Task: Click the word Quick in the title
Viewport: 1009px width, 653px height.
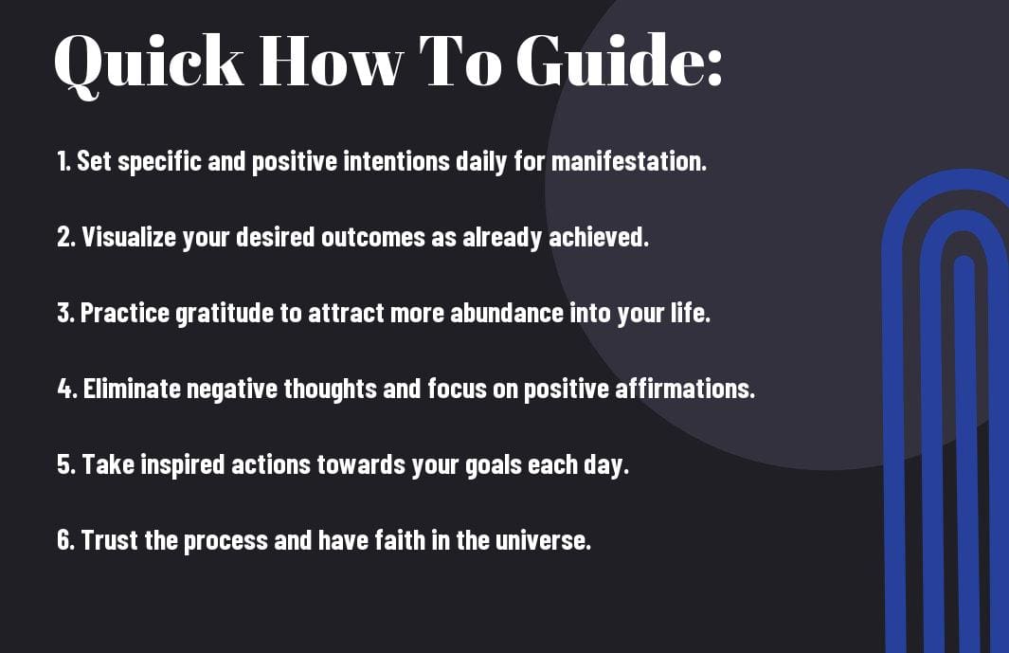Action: [x=149, y=63]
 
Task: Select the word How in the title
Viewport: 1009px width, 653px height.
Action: [x=332, y=61]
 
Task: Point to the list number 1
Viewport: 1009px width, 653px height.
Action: [x=63, y=161]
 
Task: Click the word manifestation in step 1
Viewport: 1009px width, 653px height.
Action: [x=629, y=161]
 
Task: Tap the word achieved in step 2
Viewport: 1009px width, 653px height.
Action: [x=599, y=237]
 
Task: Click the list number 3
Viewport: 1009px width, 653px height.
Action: [x=65, y=313]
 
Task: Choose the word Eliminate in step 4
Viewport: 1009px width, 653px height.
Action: [x=132, y=389]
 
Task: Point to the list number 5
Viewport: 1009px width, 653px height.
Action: [x=65, y=464]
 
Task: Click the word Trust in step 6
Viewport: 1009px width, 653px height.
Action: [x=109, y=540]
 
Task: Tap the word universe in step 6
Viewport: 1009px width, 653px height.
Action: [x=543, y=540]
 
